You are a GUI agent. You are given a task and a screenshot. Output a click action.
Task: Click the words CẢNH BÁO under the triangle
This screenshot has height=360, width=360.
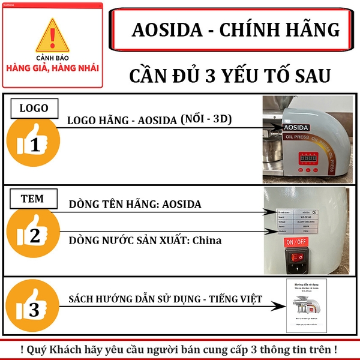(x=53, y=59)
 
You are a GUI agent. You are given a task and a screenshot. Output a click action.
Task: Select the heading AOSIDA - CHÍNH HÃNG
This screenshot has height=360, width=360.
(x=235, y=30)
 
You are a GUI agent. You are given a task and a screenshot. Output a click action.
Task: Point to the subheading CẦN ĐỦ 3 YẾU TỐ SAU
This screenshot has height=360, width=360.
(x=230, y=77)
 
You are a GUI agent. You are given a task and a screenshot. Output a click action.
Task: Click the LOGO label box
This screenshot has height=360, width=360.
(x=35, y=109)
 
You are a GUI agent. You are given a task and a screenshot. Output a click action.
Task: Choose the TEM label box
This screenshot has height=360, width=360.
(x=34, y=199)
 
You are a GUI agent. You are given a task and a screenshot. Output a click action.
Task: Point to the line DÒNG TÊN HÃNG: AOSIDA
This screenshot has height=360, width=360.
(x=135, y=205)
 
